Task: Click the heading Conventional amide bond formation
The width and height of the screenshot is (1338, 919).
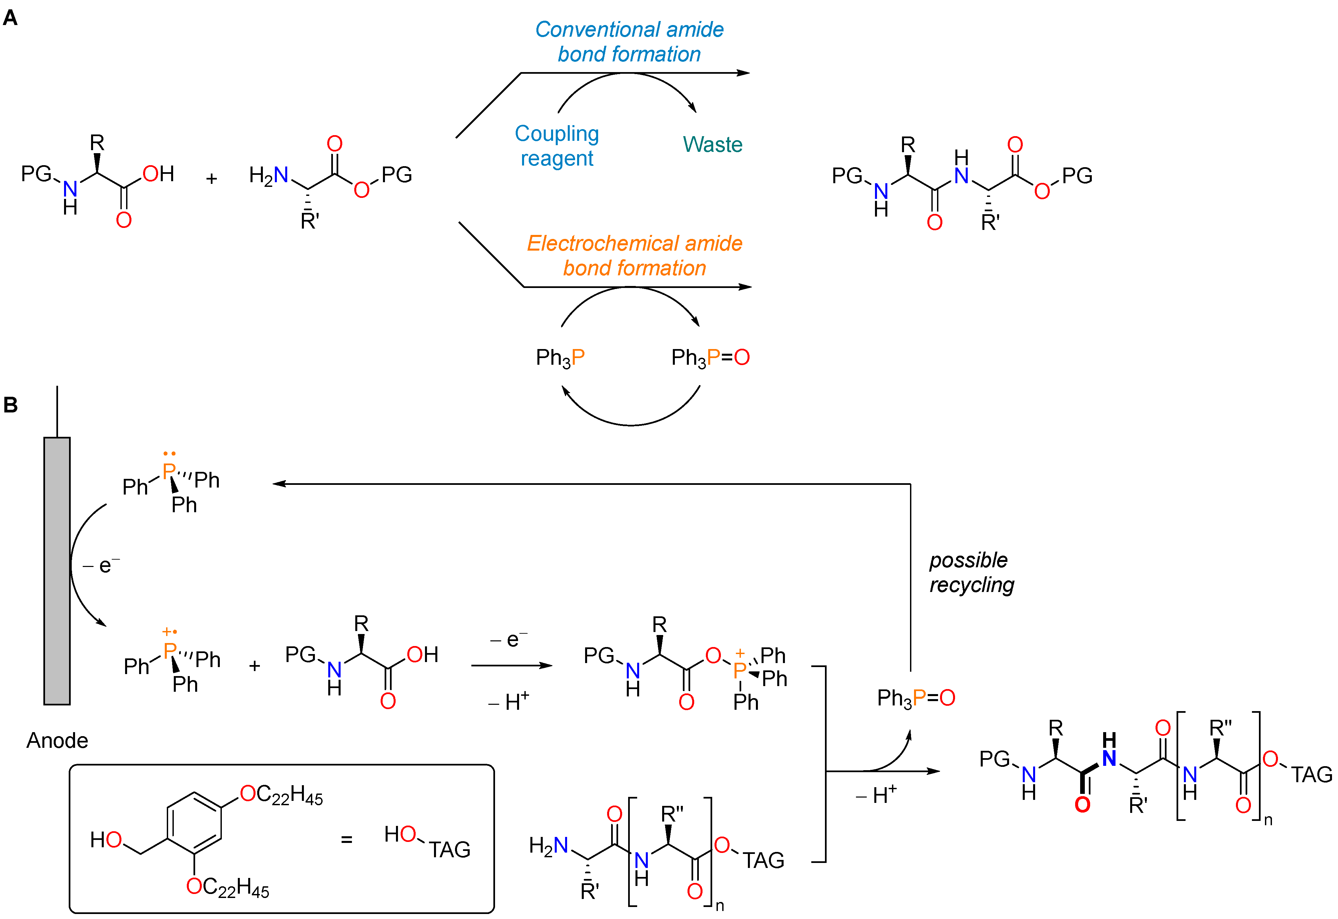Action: (629, 41)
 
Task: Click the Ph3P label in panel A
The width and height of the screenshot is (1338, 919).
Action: (560, 358)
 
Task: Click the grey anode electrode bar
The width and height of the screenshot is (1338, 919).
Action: (57, 570)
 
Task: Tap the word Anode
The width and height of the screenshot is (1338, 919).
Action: (57, 740)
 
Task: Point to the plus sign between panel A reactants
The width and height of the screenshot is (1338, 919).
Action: (211, 179)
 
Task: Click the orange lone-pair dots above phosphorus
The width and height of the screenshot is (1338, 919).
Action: (169, 454)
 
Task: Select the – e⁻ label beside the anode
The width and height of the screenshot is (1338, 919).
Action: (101, 566)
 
